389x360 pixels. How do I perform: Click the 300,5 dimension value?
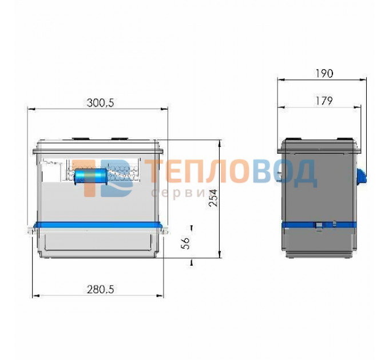pyautogui.click(x=101, y=103)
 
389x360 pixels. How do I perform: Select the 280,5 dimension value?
pyautogui.click(x=101, y=289)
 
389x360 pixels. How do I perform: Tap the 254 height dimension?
pyautogui.click(x=213, y=198)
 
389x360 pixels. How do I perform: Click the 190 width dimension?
pyautogui.click(x=324, y=73)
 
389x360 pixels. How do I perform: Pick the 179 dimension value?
pyautogui.click(x=324, y=101)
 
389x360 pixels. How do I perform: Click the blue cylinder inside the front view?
pyautogui.click(x=90, y=177)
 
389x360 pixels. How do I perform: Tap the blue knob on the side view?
pyautogui.click(x=362, y=175)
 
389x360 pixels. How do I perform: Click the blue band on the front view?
pyautogui.click(x=98, y=225)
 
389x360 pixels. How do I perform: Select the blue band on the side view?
pyautogui.click(x=319, y=225)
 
